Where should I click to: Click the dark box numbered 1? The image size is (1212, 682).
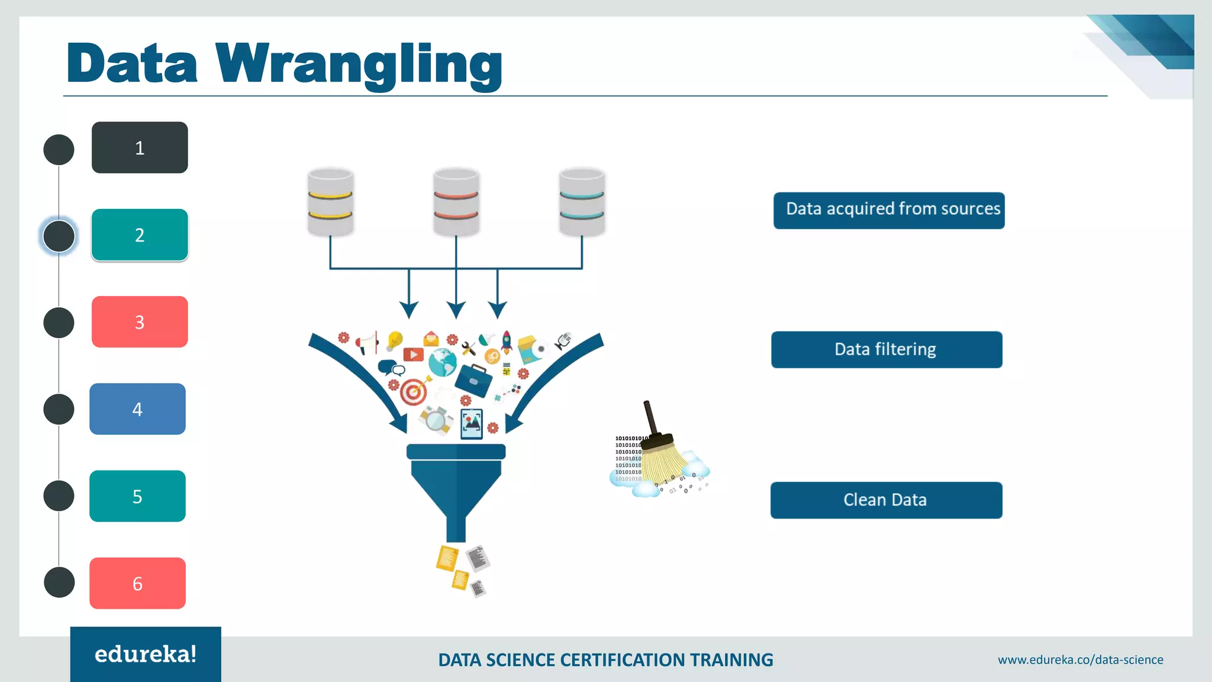(x=140, y=147)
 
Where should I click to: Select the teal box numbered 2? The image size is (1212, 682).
(x=140, y=235)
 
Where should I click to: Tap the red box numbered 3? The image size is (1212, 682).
(x=140, y=321)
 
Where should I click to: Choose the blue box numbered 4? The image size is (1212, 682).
(x=137, y=409)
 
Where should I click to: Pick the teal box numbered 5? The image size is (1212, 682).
(x=137, y=496)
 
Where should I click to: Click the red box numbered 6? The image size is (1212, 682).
(x=137, y=583)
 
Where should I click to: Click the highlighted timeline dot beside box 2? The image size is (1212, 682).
(x=59, y=236)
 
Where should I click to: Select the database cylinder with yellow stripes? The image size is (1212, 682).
(x=330, y=202)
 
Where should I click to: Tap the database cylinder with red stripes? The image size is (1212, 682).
(x=456, y=202)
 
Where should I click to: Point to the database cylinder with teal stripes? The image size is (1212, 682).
(x=582, y=202)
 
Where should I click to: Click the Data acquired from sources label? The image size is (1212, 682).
(x=889, y=210)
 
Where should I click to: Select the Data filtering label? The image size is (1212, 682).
(x=887, y=349)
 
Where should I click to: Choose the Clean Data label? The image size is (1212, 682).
(x=886, y=500)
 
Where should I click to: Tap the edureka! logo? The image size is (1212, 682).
(x=146, y=654)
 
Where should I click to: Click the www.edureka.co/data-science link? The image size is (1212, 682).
(x=1080, y=660)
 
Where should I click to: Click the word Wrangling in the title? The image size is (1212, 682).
(x=359, y=64)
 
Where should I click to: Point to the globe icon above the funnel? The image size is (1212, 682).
(x=442, y=362)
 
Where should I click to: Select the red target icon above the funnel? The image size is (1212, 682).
(x=414, y=391)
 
